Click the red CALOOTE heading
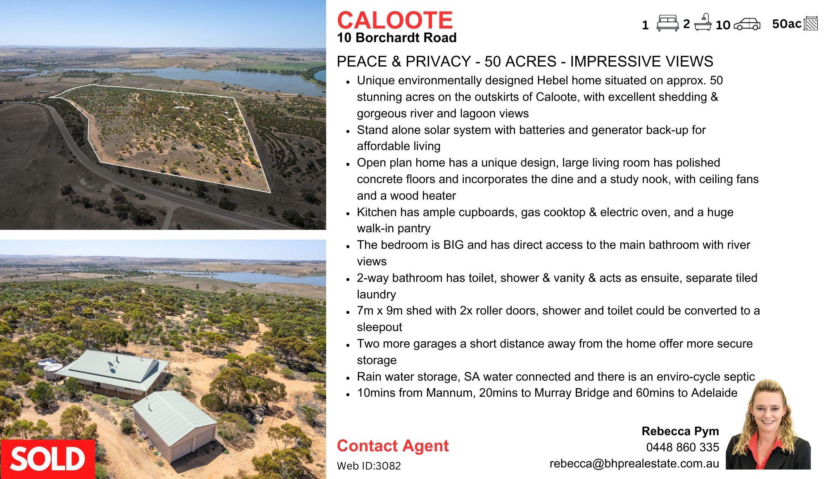[x=395, y=20]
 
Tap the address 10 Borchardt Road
[x=397, y=38]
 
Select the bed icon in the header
[x=667, y=23]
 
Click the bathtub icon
[x=703, y=22]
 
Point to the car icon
[x=747, y=24]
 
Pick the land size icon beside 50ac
[x=811, y=23]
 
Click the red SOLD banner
[x=47, y=459]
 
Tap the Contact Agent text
[x=393, y=446]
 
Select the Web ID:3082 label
[x=369, y=466]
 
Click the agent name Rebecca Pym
[x=680, y=431]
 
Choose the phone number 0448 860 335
[x=683, y=447]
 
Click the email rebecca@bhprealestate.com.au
[x=634, y=464]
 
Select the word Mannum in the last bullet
[x=450, y=393]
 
